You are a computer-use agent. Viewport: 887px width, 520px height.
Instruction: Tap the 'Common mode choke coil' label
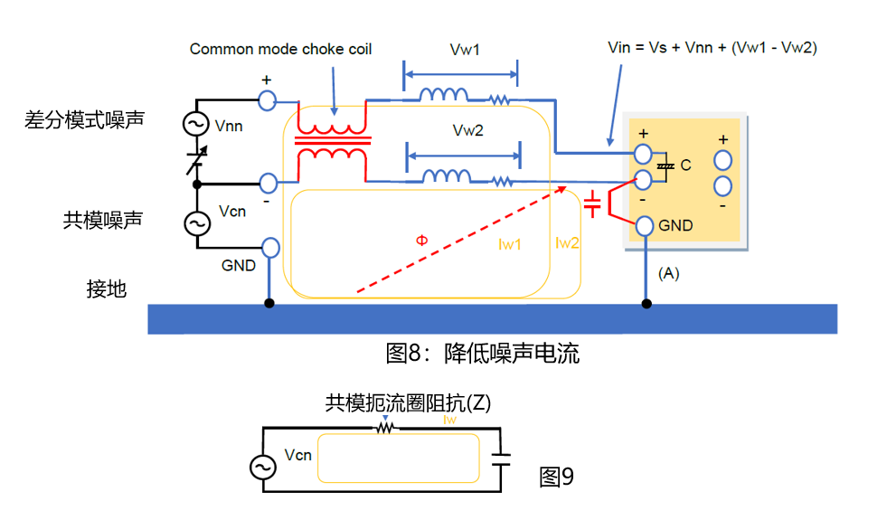[280, 49]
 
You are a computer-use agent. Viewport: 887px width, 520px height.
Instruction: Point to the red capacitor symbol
[592, 204]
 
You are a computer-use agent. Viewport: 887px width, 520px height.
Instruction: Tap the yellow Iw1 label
[510, 244]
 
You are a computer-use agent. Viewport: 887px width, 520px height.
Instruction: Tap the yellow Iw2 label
[567, 242]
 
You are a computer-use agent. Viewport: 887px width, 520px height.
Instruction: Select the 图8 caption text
[482, 354]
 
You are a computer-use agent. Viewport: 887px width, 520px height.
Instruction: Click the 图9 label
[556, 477]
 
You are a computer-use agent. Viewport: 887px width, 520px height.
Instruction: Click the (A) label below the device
[668, 273]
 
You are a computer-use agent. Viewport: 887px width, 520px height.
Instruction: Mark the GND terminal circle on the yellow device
[645, 226]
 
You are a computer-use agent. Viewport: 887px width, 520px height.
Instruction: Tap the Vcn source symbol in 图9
[263, 467]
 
